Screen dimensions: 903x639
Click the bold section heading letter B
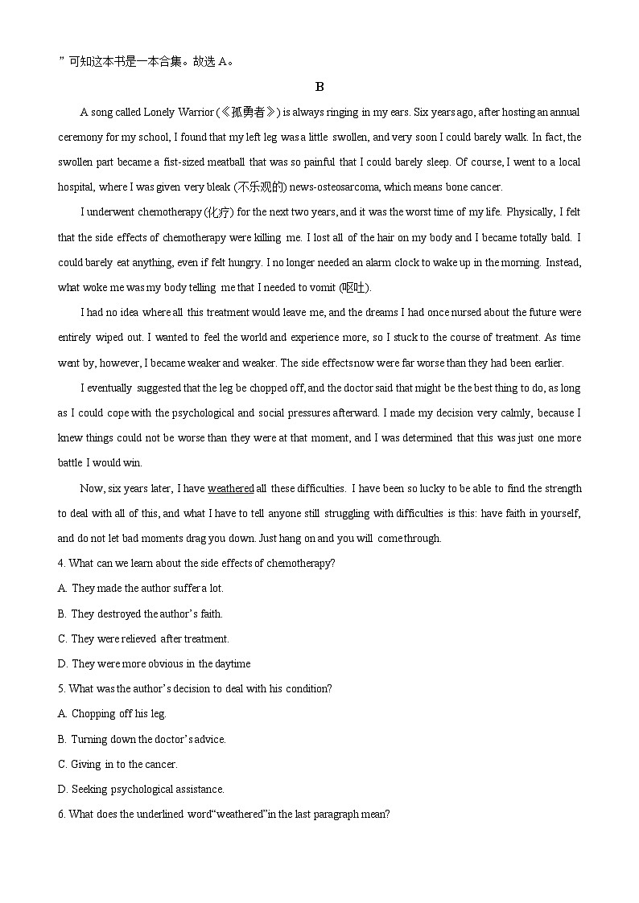pos(319,87)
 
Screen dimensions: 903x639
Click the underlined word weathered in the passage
pos(230,488)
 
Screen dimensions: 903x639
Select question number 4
pos(62,563)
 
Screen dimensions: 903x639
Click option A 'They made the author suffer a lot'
pos(141,588)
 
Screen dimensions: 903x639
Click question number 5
pos(62,688)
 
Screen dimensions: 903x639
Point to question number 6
pos(62,814)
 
